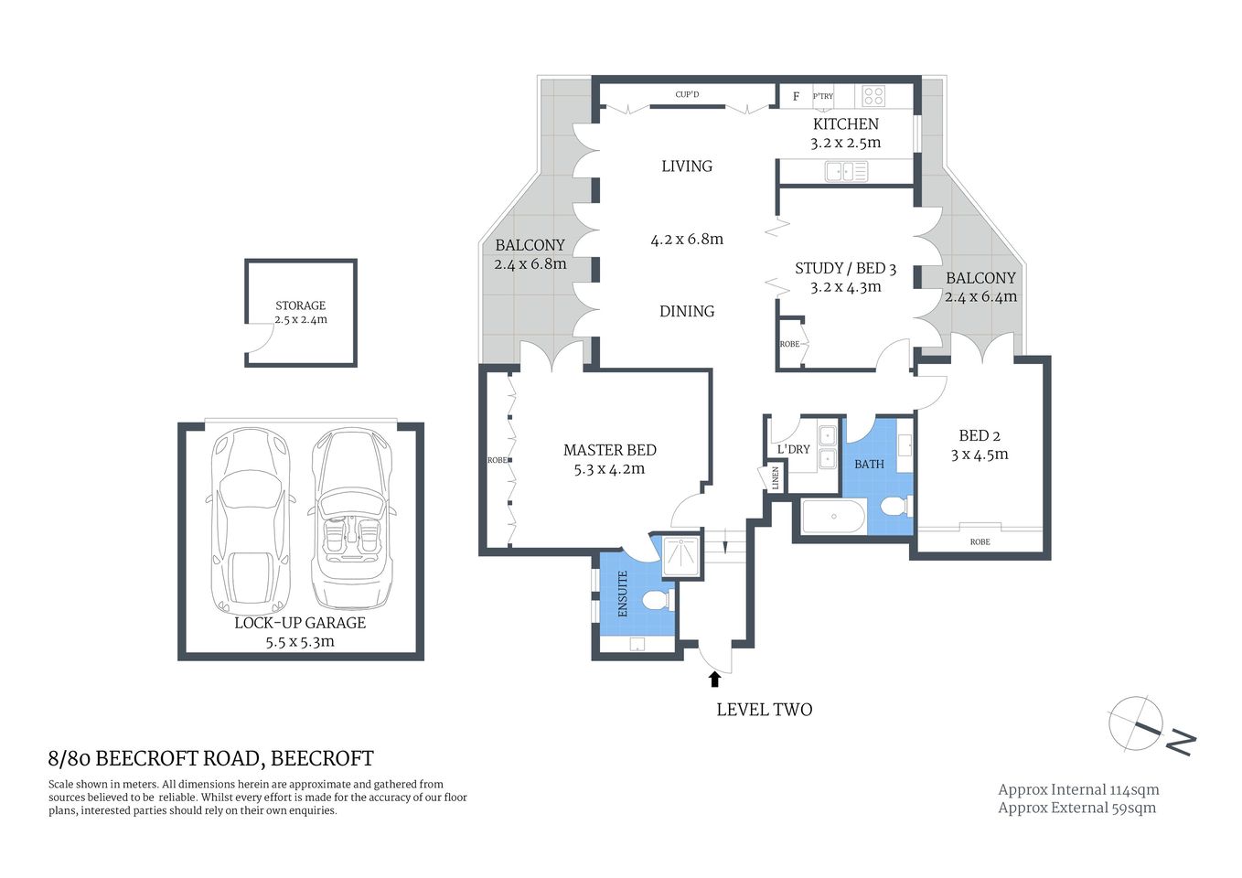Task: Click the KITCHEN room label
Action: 845,123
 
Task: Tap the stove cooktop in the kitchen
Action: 873,95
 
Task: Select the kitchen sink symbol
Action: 846,170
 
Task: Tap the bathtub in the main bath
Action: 833,517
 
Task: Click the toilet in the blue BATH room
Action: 895,506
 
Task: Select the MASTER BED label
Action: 609,450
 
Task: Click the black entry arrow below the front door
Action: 714,679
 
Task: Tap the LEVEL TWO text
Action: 764,709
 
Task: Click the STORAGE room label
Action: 300,305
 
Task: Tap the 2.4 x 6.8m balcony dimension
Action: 530,264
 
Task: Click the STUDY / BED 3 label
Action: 845,268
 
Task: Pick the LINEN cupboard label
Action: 776,477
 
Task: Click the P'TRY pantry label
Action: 823,96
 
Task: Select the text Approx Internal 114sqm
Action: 1078,789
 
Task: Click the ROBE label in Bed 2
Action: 980,541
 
